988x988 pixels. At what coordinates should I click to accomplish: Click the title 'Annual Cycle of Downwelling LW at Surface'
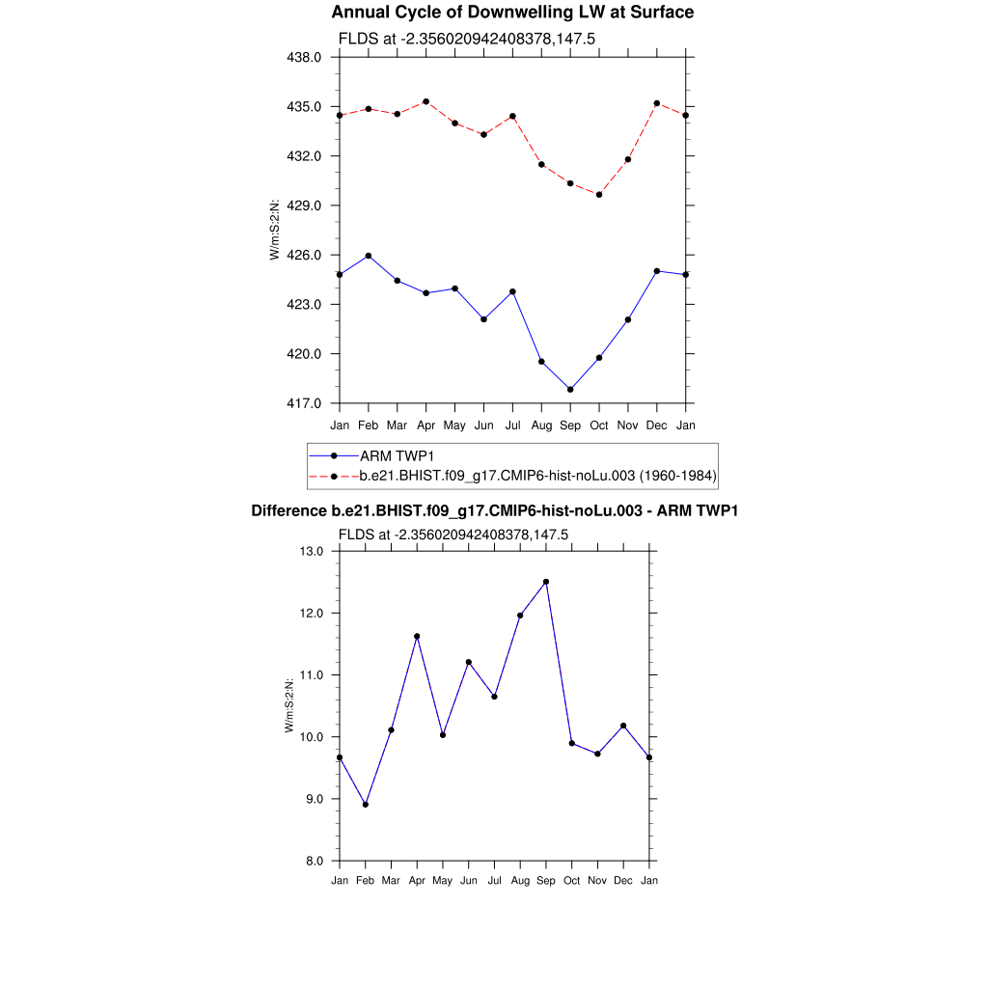(512, 13)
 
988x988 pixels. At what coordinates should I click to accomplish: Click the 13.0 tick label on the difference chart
(314, 552)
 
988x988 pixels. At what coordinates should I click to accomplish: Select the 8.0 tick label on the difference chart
(316, 861)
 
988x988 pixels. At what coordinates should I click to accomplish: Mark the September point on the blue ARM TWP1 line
(570, 390)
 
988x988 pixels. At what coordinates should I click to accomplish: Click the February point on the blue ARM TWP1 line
(369, 256)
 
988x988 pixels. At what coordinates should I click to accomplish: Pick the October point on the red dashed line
(599, 195)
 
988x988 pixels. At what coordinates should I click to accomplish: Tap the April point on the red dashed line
(426, 101)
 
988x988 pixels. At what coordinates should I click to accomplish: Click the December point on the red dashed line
(657, 103)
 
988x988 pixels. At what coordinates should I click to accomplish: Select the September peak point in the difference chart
(546, 582)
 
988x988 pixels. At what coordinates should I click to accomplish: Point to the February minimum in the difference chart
(366, 805)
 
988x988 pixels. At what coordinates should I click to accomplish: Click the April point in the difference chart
(417, 637)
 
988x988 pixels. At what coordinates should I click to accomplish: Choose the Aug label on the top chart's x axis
(541, 425)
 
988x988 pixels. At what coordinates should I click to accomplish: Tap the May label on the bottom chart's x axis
(443, 881)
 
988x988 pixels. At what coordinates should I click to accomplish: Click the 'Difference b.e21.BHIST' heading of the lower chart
(494, 510)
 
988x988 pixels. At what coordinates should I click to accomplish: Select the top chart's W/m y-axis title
(275, 230)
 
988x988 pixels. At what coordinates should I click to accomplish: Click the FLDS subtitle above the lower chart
(453, 534)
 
